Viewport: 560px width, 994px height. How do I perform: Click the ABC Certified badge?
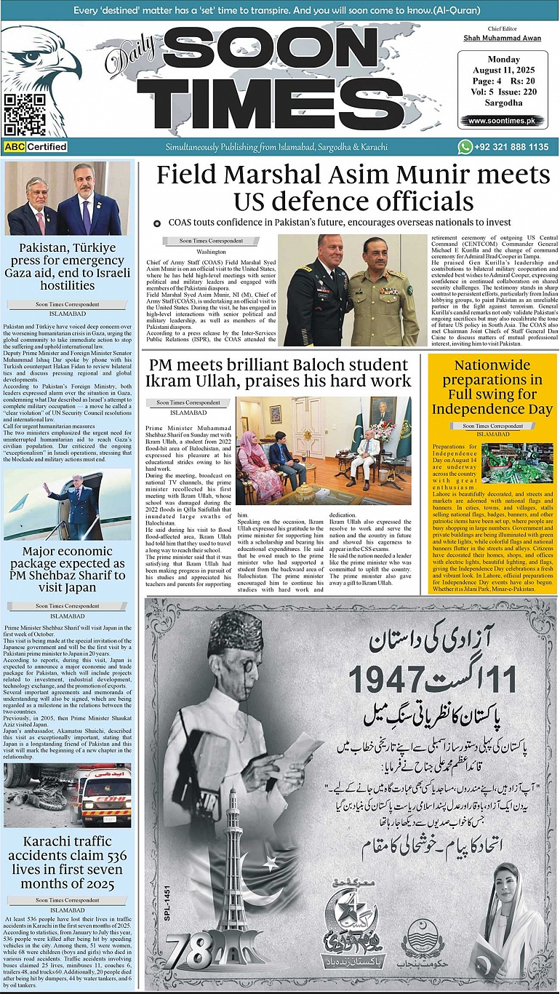36,147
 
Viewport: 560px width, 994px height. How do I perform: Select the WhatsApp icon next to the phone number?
465,147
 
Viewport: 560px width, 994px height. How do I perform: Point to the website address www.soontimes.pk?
506,121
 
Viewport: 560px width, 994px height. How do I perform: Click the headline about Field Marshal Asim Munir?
353,188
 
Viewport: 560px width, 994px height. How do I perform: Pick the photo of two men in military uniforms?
352,290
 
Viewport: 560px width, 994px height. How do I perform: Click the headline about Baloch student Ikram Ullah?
279,372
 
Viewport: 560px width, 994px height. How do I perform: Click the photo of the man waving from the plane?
68,506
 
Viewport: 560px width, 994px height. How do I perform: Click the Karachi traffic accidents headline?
68,862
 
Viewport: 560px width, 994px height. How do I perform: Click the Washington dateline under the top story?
201,251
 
